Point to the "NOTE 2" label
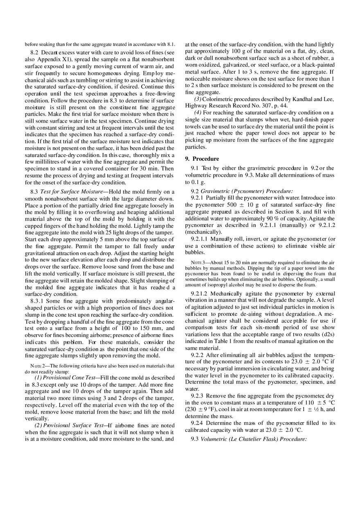(38, 366)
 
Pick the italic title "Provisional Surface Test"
(74, 426)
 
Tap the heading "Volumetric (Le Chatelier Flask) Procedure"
(253, 439)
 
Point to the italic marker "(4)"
(197, 112)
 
